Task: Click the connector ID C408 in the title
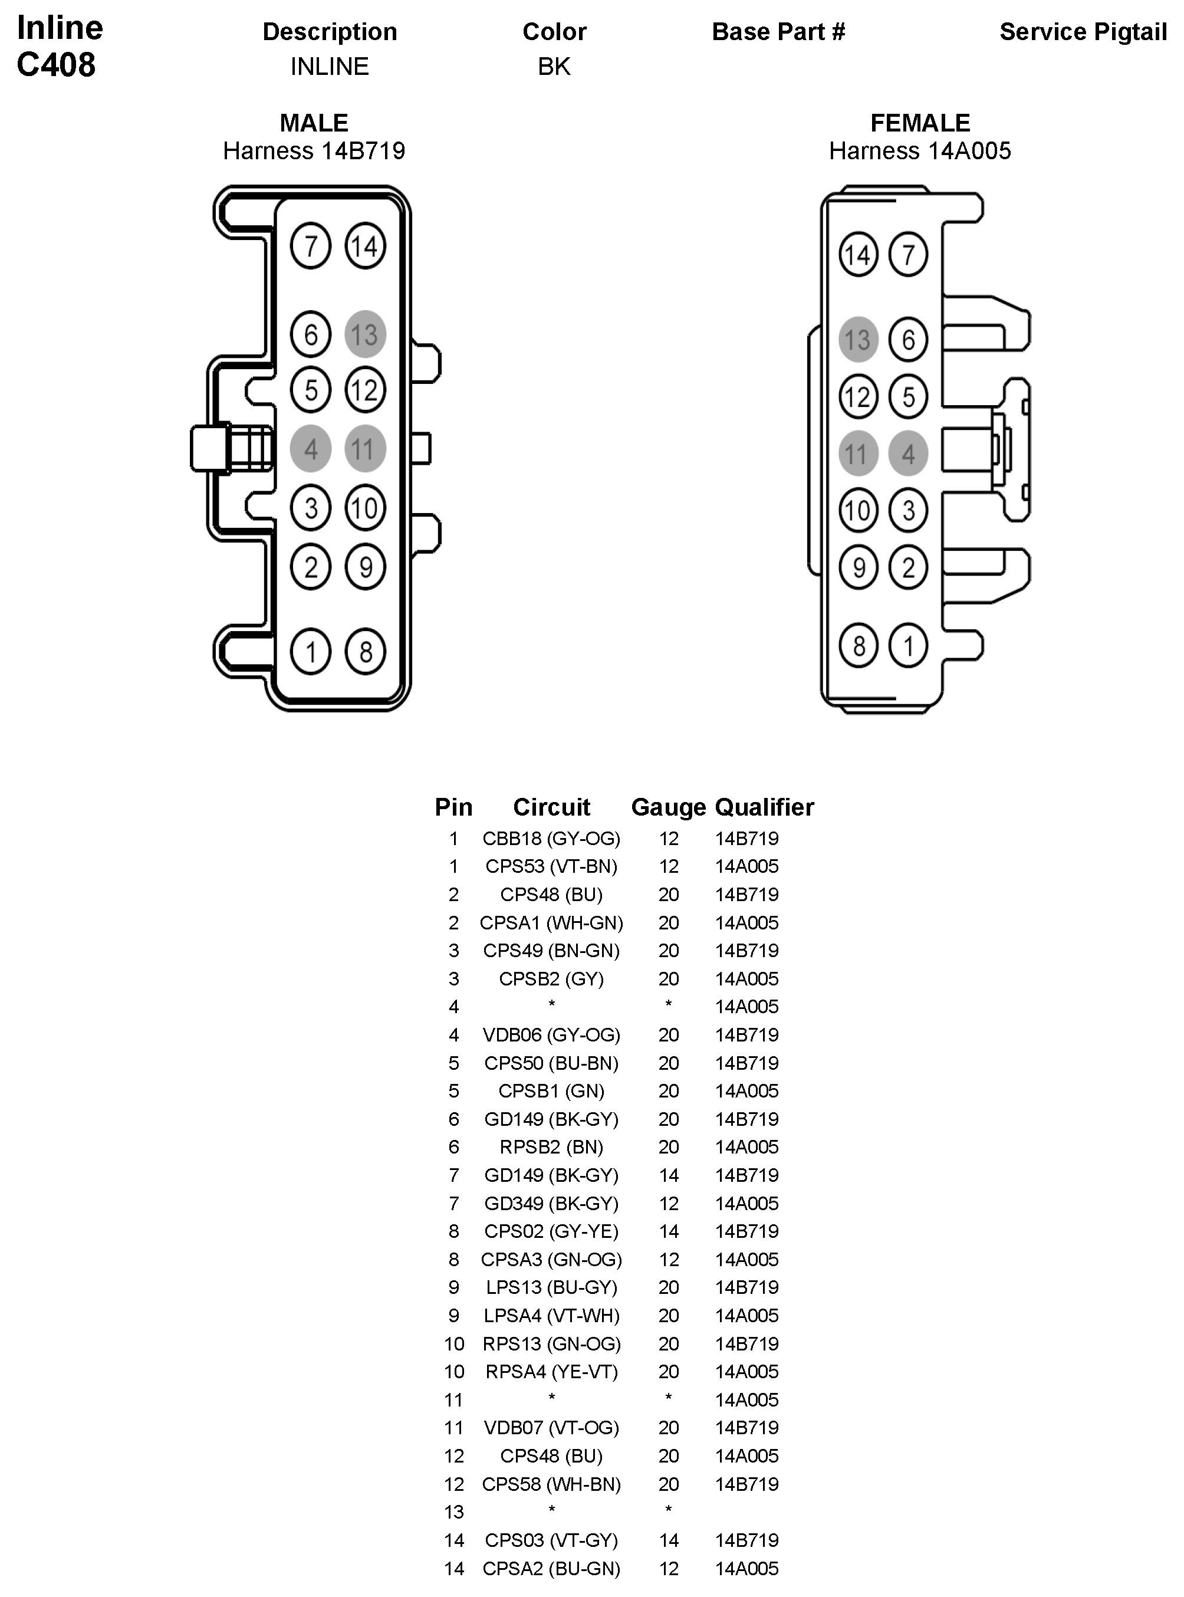56,65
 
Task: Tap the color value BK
554,67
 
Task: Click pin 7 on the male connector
310,247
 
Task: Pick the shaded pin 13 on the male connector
365,334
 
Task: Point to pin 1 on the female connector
908,646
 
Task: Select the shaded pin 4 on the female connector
908,454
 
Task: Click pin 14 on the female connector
858,254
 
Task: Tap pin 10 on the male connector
365,508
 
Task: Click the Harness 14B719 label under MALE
314,151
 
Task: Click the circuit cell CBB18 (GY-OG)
551,839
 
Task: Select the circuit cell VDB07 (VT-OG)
551,1428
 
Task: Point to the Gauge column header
668,808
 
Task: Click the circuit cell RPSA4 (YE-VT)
551,1372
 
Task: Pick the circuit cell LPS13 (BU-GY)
551,1287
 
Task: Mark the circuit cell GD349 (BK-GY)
551,1204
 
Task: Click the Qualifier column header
764,808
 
